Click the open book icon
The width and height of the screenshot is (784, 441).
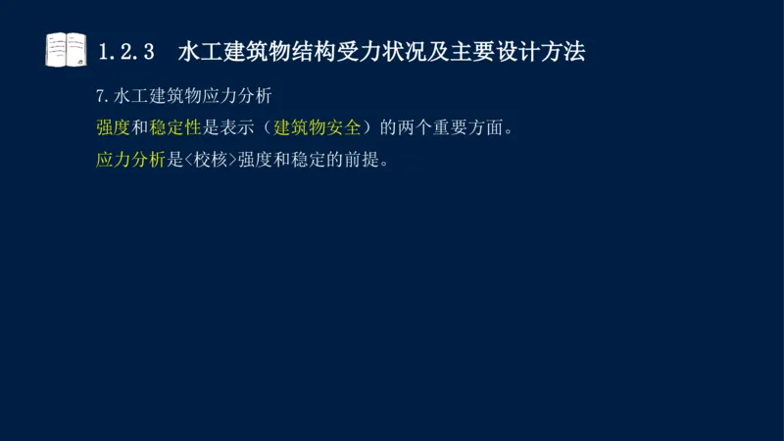66,50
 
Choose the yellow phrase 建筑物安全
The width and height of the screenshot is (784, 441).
318,128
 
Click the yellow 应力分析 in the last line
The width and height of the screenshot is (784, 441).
131,160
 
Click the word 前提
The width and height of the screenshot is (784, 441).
361,160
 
